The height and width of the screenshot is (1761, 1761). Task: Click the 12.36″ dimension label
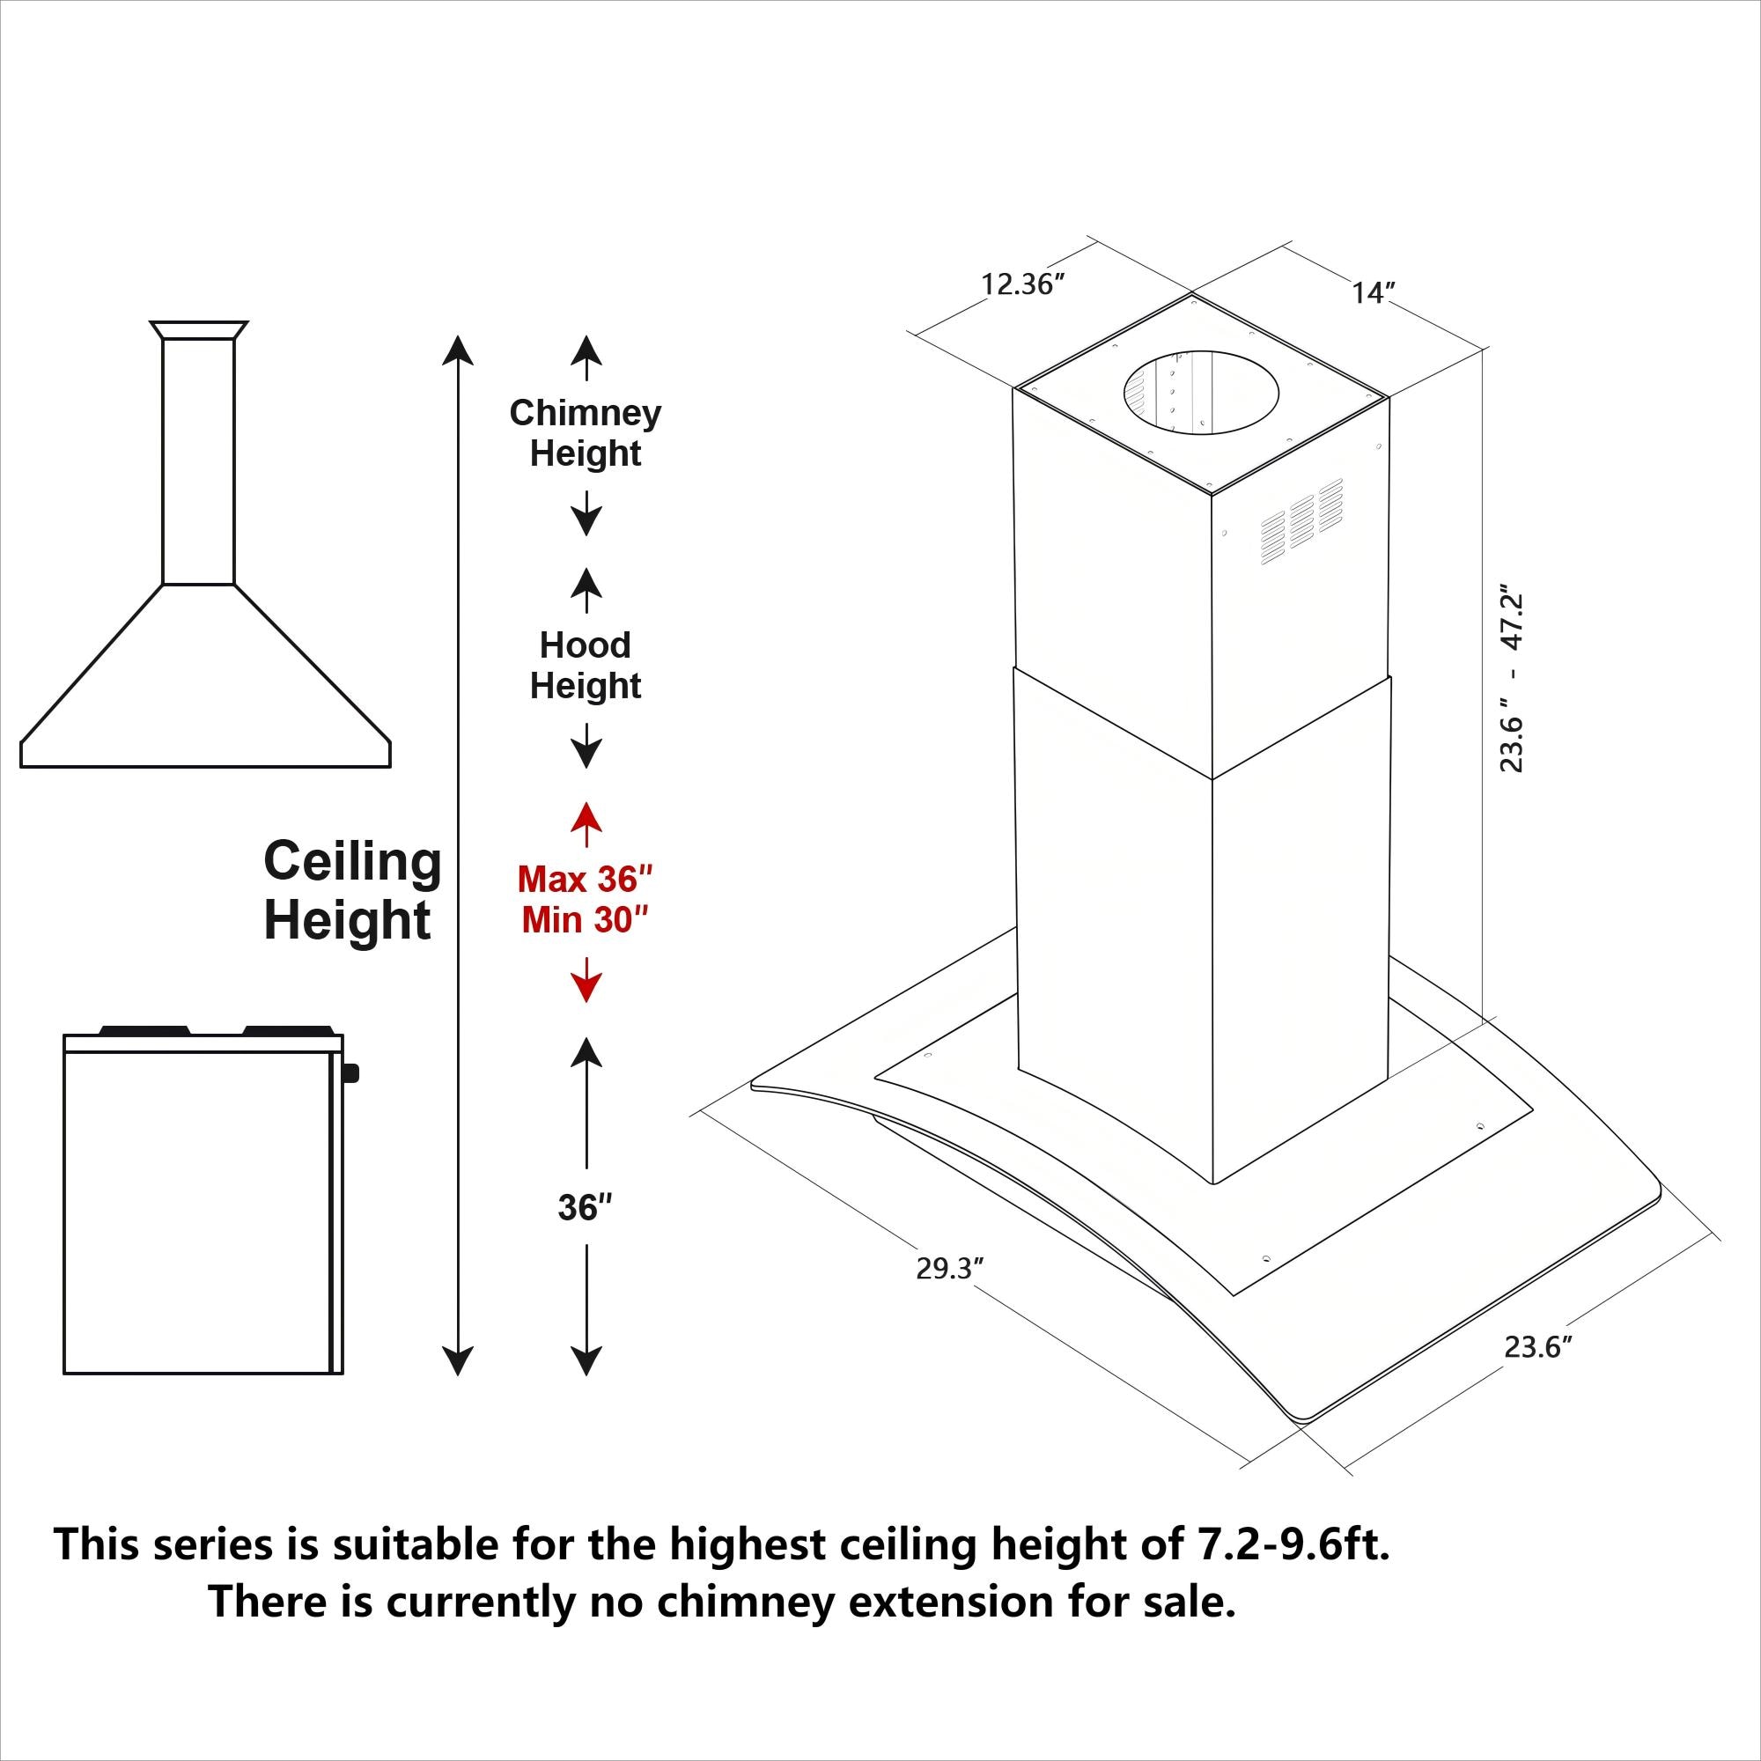pos(1022,285)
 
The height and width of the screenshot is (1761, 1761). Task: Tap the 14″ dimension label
pos(1374,293)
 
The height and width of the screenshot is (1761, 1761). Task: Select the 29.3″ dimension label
pos(950,1269)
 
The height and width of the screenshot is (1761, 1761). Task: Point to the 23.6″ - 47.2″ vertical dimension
pos(1512,682)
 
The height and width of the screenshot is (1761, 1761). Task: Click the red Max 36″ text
pos(586,880)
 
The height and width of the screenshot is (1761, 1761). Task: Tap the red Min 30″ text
pos(586,921)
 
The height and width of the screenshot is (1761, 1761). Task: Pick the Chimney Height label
pos(586,433)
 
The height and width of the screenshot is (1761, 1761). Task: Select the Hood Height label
pos(586,666)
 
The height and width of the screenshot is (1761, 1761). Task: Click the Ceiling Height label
pos(352,890)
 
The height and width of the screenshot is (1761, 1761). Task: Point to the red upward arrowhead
pos(586,816)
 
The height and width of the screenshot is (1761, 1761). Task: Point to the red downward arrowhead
pos(586,988)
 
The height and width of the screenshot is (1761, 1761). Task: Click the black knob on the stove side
pos(352,1072)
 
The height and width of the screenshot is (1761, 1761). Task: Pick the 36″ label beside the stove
pos(585,1208)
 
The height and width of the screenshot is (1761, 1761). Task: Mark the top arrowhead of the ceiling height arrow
pos(457,350)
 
